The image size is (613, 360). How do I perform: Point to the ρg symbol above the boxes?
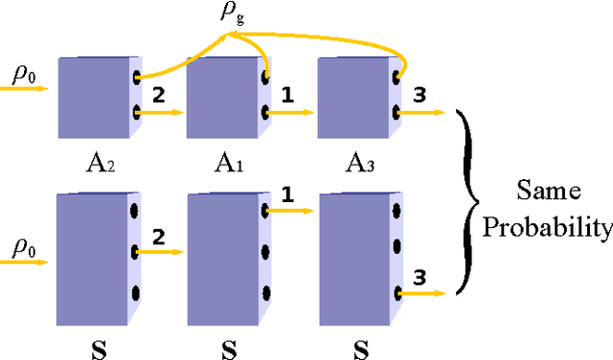231,17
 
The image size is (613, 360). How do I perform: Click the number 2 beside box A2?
158,95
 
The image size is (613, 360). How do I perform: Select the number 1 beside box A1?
286,95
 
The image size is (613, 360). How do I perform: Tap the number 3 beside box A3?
419,95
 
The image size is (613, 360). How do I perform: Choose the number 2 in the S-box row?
159,236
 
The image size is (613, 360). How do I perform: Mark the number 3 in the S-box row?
419,279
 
